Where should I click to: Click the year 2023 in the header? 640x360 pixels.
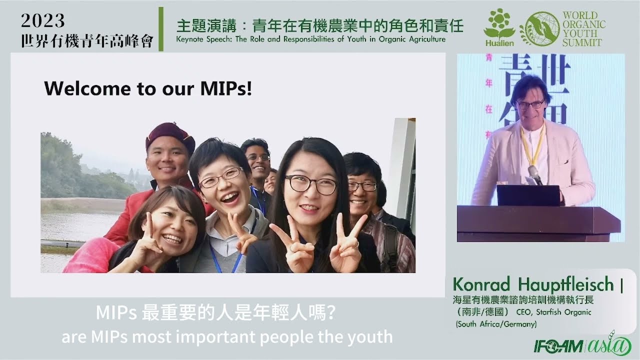pos(43,20)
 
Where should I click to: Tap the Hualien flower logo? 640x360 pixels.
pos(499,28)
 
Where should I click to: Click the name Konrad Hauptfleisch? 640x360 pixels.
pos(533,284)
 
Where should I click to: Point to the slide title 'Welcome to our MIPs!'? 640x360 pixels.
pos(148,88)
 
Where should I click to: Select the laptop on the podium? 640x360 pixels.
pos(528,195)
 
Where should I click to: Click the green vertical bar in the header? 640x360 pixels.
pos(161,29)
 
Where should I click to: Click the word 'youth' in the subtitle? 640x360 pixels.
pos(371,336)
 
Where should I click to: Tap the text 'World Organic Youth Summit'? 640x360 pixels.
pos(583,29)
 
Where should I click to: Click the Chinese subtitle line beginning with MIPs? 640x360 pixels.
pos(215,314)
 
